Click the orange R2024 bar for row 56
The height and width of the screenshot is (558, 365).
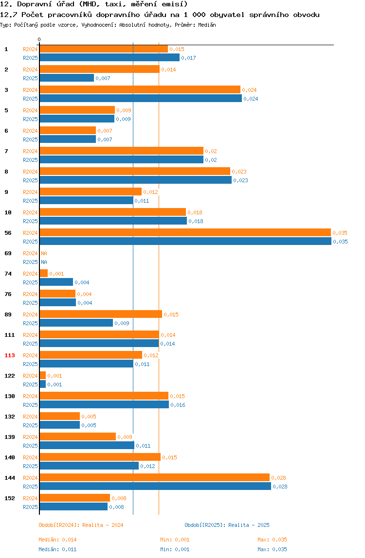(x=185, y=233)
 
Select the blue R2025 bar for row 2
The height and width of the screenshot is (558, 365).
(x=67, y=78)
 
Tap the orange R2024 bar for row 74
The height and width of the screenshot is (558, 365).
(x=44, y=273)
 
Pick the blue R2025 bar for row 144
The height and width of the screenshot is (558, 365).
(x=155, y=486)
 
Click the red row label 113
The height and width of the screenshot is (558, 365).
(x=10, y=355)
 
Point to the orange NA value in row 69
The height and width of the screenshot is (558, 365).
(x=44, y=253)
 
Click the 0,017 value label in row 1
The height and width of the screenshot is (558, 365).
(x=188, y=58)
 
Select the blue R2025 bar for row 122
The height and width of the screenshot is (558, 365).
(x=43, y=384)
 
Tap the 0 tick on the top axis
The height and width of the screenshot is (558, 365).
(x=39, y=39)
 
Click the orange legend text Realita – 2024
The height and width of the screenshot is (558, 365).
(x=103, y=525)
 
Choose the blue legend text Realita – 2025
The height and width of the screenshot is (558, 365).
(x=249, y=525)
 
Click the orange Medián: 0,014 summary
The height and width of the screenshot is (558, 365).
(x=57, y=540)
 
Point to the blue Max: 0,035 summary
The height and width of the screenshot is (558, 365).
(x=272, y=549)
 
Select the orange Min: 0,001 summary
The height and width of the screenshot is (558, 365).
(x=175, y=540)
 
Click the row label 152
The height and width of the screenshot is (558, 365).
(x=10, y=498)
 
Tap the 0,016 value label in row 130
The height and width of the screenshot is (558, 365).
(x=178, y=405)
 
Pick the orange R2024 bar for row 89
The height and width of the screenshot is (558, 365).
(x=101, y=314)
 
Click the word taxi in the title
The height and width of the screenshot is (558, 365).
(x=113, y=4)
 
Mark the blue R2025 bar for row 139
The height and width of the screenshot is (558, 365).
(x=87, y=445)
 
